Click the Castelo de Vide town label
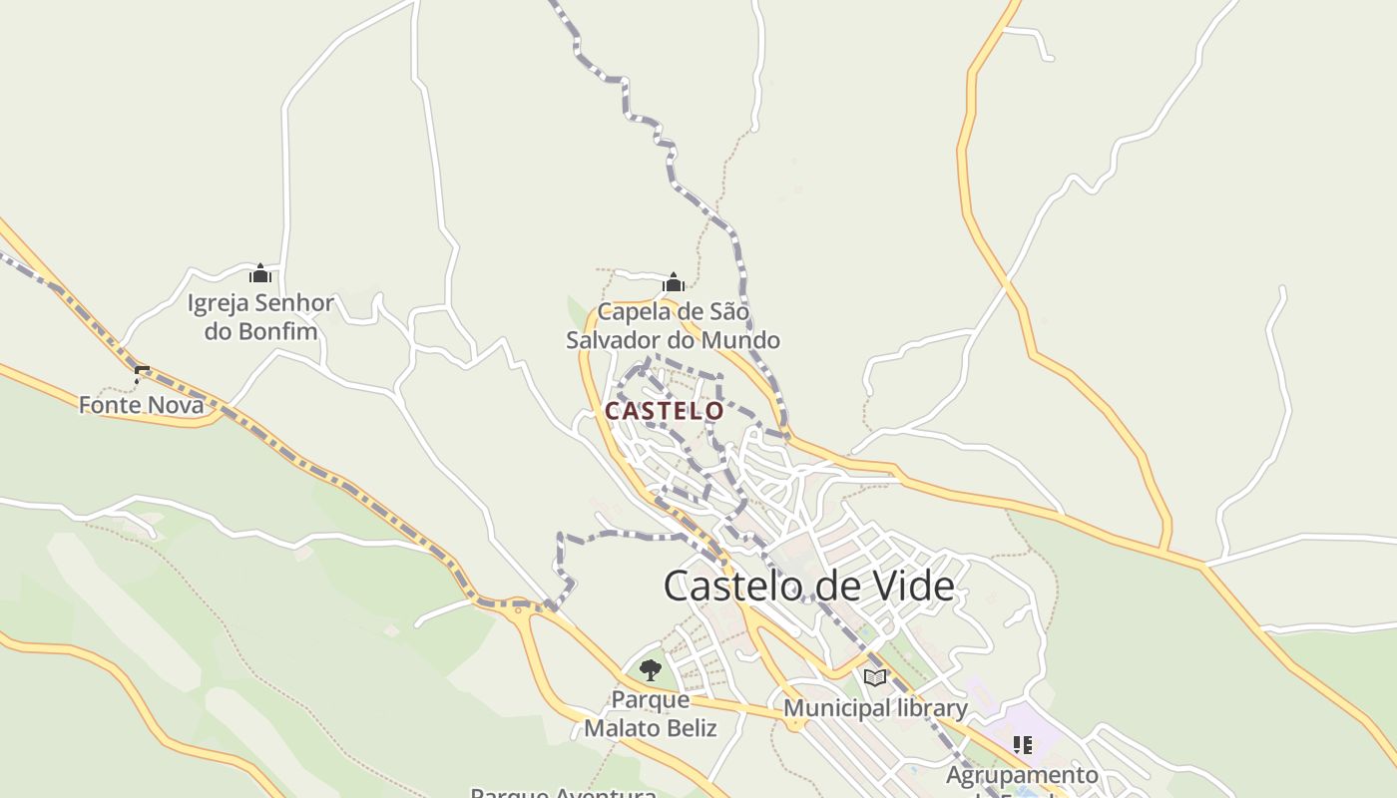click(x=808, y=586)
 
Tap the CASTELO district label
click(x=664, y=410)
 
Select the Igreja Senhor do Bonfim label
click(x=260, y=317)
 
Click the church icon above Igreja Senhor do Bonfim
click(x=260, y=273)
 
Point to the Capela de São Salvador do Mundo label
click(x=673, y=326)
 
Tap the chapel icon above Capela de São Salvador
click(x=674, y=282)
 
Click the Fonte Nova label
click(x=141, y=405)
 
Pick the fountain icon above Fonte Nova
click(x=141, y=375)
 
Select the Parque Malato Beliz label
click(x=651, y=714)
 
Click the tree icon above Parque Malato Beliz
click(x=651, y=669)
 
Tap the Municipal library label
click(x=875, y=708)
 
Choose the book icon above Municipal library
click(x=875, y=678)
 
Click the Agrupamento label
click(x=1022, y=775)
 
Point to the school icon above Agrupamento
click(x=1022, y=745)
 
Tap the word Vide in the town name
click(x=912, y=586)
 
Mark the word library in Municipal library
click(x=930, y=708)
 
